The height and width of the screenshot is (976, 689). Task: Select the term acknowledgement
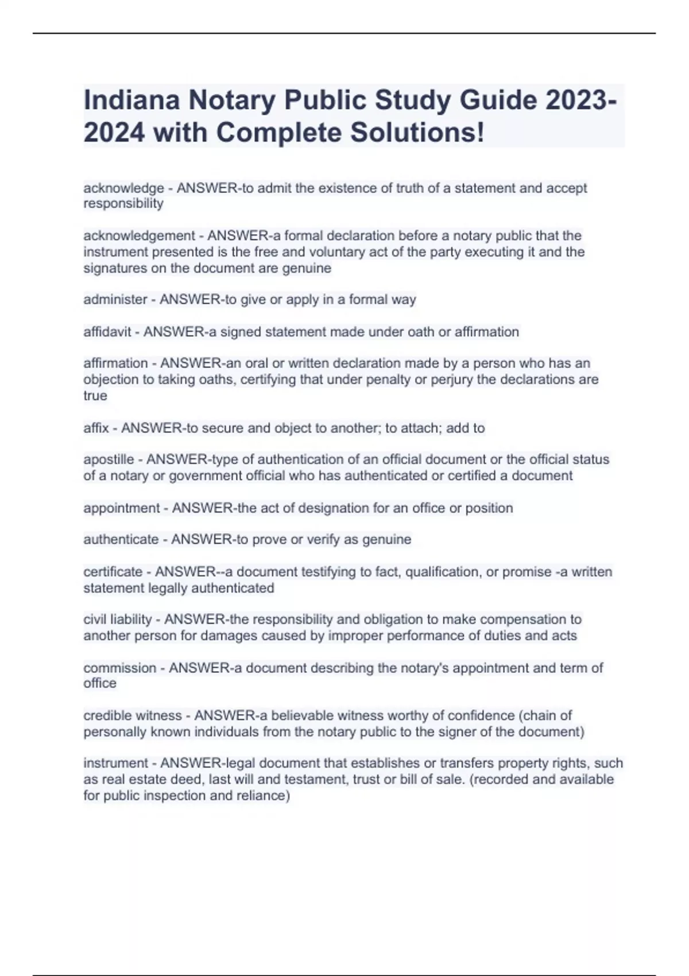pyautogui.click(x=139, y=235)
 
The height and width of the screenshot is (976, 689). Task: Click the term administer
pyautogui.click(x=115, y=299)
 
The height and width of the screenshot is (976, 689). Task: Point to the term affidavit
pyautogui.click(x=107, y=332)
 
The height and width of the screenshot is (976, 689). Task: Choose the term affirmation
pyautogui.click(x=115, y=363)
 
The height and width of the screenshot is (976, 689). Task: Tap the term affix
pyautogui.click(x=96, y=428)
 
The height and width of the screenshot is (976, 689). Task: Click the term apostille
pyautogui.click(x=109, y=459)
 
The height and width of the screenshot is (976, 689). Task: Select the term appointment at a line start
pyautogui.click(x=121, y=508)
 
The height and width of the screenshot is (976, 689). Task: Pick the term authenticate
pyautogui.click(x=121, y=539)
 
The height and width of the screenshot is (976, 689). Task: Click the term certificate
pyautogui.click(x=113, y=572)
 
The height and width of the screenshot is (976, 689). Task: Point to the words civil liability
pyautogui.click(x=117, y=619)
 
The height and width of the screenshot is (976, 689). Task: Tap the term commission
pyautogui.click(x=119, y=668)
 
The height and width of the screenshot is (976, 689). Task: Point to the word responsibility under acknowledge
pyautogui.click(x=123, y=204)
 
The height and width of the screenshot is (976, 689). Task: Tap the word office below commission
pyautogui.click(x=100, y=683)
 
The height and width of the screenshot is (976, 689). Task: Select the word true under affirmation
pyautogui.click(x=95, y=396)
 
